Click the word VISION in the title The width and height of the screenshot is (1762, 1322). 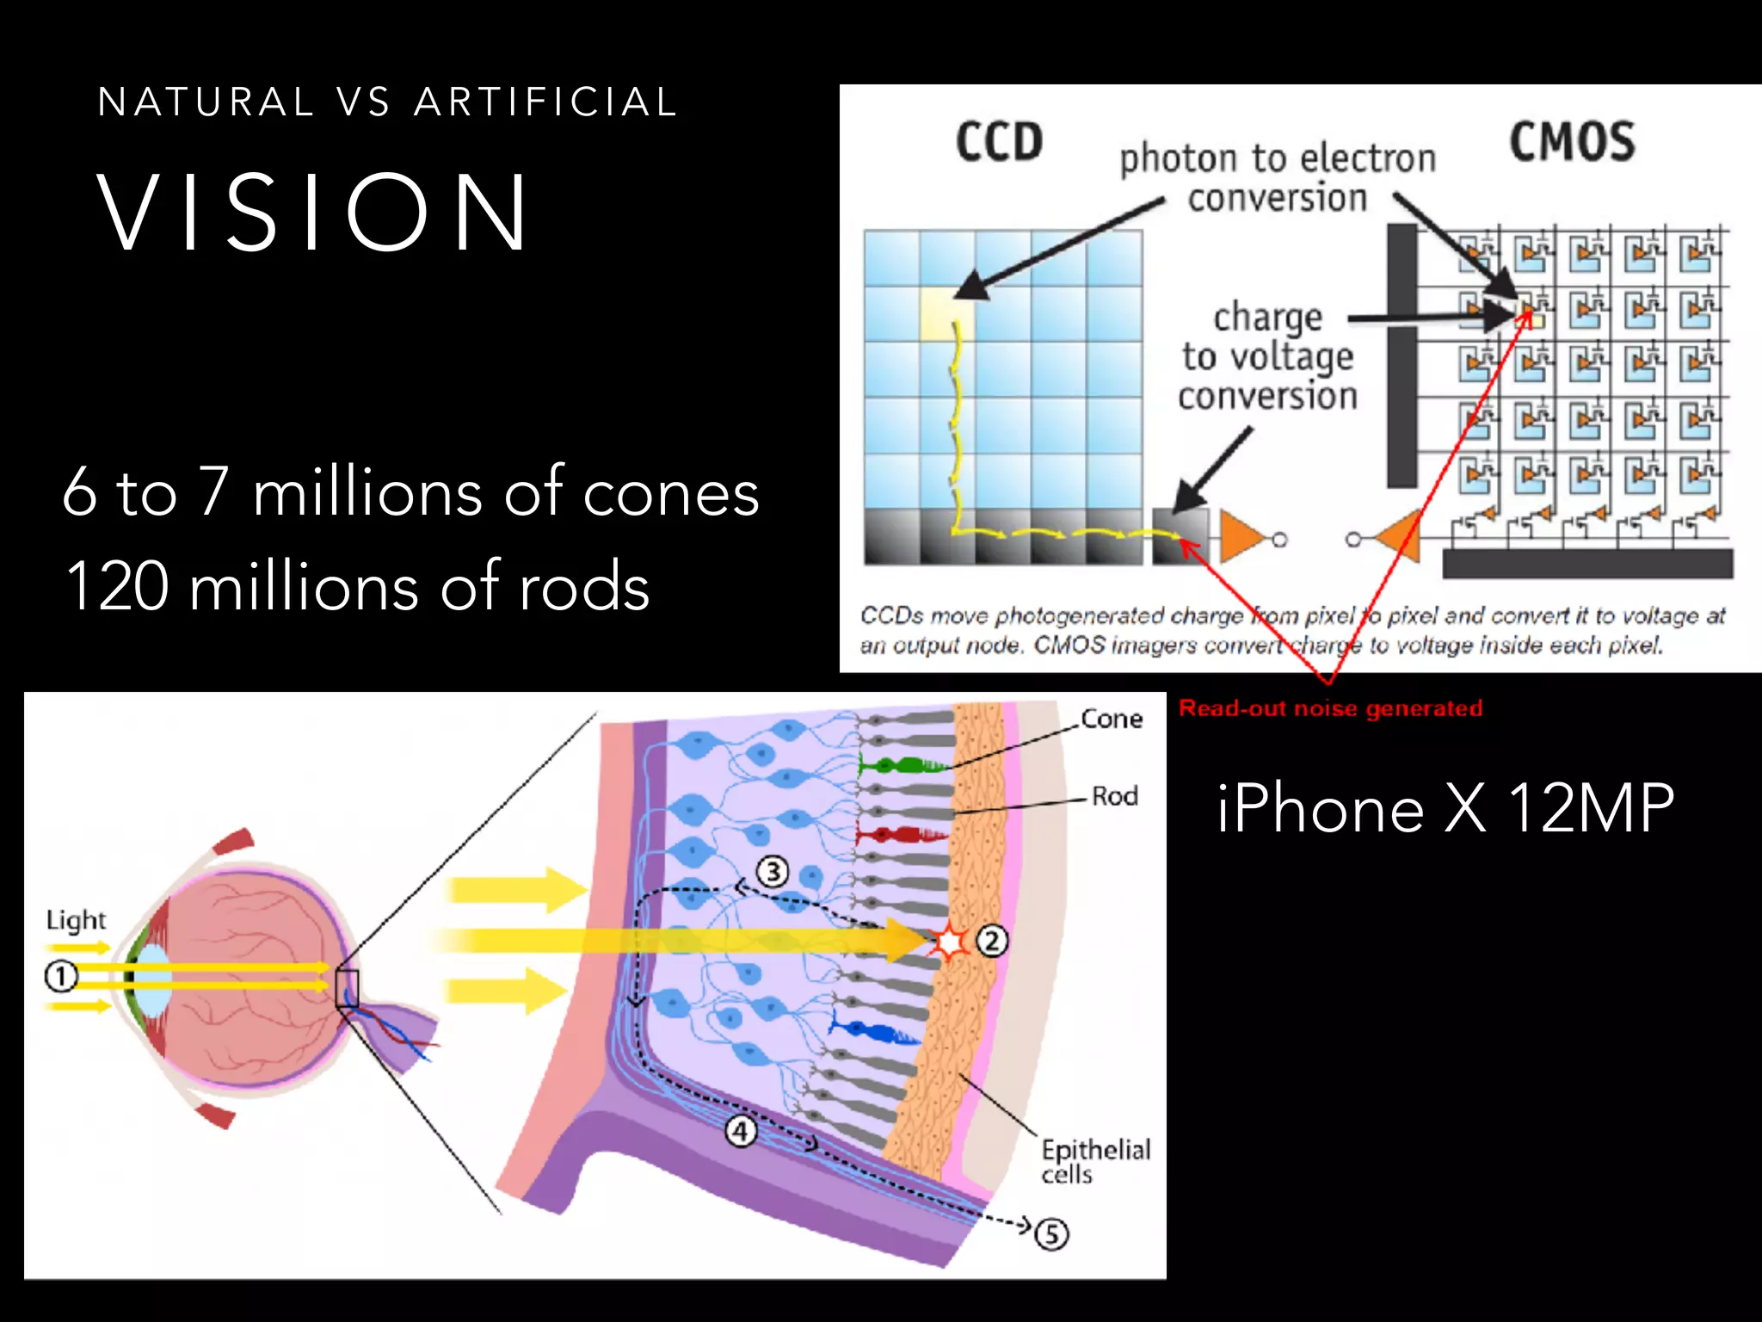[x=313, y=213]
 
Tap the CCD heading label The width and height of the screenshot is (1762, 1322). [x=998, y=142]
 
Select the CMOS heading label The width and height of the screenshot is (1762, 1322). [x=1571, y=142]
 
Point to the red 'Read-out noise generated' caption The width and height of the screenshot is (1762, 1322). [x=1330, y=708]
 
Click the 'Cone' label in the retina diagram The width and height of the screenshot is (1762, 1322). [x=1112, y=719]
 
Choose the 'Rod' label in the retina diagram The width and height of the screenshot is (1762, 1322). [x=1114, y=796]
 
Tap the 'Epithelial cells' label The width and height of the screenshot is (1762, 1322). [x=1094, y=1161]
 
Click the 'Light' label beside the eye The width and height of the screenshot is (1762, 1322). [x=76, y=920]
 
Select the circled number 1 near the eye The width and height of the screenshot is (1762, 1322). [x=60, y=977]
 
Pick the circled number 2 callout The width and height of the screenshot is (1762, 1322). [x=992, y=941]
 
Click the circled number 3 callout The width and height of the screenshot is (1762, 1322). [x=773, y=872]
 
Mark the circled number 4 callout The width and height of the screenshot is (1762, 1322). [x=741, y=1131]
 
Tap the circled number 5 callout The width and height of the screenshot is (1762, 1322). [x=1051, y=1234]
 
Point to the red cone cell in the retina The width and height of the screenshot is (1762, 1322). [x=899, y=834]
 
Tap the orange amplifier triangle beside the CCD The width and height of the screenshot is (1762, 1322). [x=1241, y=538]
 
